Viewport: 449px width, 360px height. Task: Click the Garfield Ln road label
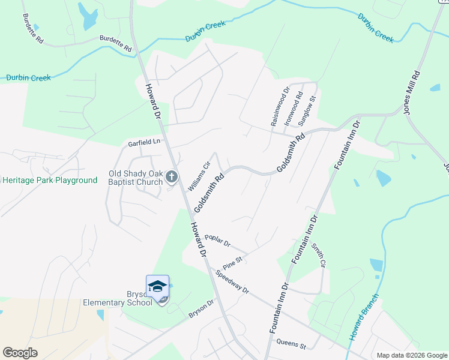145,143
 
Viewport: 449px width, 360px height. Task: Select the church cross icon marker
172,176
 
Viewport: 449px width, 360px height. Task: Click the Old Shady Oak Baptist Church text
136,178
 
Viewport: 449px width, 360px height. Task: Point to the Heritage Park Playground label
49,180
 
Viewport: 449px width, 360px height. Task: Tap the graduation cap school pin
157,287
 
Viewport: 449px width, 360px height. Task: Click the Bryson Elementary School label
118,298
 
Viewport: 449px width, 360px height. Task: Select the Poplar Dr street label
217,241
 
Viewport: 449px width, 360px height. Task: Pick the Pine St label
232,262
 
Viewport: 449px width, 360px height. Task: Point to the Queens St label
291,344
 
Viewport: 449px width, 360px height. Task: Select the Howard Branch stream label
364,317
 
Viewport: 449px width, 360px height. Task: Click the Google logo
20,352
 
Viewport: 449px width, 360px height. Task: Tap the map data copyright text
412,355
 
